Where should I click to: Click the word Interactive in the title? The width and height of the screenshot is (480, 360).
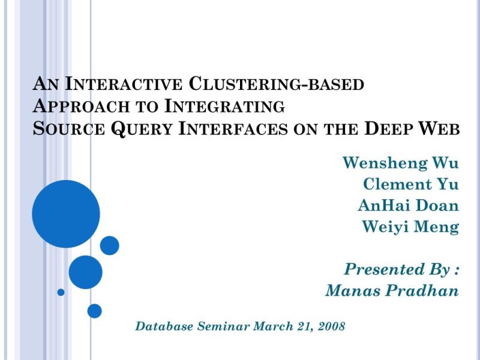[123, 84]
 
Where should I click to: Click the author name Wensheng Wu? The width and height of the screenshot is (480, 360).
[400, 163]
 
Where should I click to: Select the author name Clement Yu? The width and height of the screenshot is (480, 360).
[411, 184]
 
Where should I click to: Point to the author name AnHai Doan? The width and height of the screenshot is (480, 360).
[408, 205]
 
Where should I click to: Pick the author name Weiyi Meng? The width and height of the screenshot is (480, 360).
[410, 227]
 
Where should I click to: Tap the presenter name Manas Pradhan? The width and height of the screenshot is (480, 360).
[392, 291]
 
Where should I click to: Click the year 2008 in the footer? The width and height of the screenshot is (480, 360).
[331, 326]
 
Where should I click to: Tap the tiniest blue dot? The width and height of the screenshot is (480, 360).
[61, 292]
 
